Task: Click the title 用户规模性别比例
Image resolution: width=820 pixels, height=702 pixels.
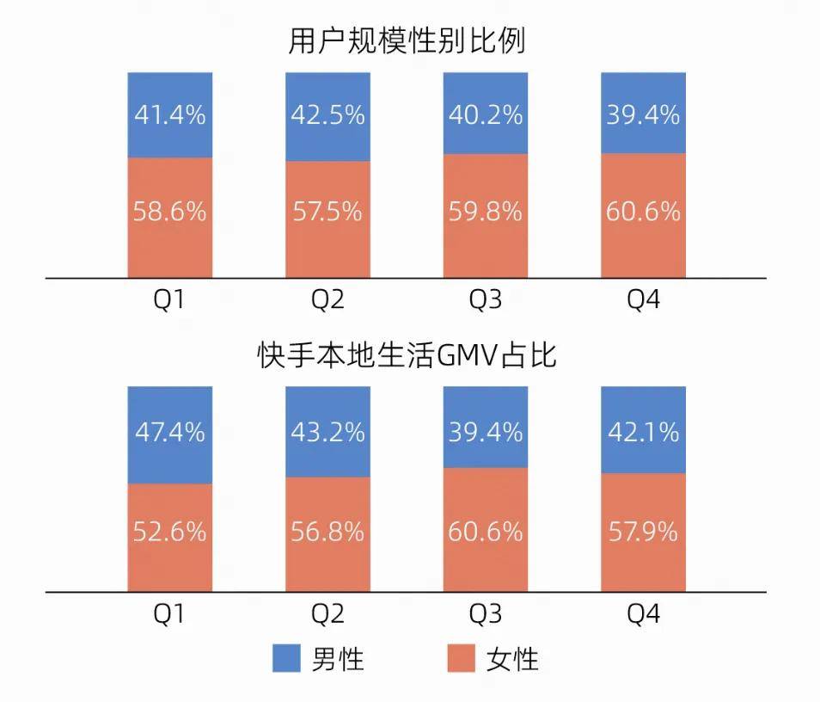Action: click(407, 40)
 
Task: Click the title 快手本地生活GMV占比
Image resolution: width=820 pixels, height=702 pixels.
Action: click(407, 354)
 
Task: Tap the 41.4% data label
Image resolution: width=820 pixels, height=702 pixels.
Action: click(170, 114)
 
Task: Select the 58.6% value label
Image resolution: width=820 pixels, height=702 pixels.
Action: click(170, 211)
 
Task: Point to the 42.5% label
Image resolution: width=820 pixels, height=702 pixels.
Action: click(327, 114)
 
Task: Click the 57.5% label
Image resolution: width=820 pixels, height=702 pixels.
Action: click(327, 211)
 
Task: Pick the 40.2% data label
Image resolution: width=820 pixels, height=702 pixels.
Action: click(486, 114)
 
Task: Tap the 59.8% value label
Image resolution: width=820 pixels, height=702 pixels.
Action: click(486, 211)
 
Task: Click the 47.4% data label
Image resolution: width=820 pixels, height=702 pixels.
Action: click(170, 431)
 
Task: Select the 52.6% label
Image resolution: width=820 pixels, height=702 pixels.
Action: click(170, 532)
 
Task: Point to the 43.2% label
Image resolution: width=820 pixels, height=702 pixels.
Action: click(327, 431)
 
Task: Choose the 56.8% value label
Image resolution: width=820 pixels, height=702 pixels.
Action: click(327, 532)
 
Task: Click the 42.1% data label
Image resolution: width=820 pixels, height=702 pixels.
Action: click(643, 431)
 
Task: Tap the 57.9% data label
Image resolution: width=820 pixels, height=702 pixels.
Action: click(643, 532)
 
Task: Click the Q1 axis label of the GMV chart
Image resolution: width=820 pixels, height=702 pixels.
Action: click(169, 614)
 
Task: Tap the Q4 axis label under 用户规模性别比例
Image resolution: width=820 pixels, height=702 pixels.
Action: click(643, 300)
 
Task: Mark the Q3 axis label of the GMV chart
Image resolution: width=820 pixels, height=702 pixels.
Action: click(486, 614)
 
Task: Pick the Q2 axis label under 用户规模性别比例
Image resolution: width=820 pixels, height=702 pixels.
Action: click(327, 300)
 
